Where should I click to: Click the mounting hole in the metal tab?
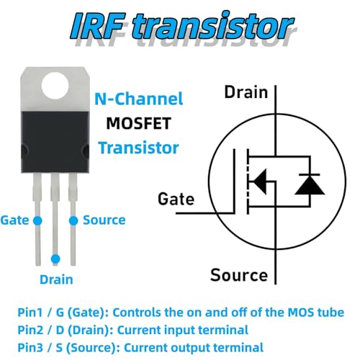tap(55, 86)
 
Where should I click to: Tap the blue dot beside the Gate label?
tap(37, 220)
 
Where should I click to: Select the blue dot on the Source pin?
tap(73, 221)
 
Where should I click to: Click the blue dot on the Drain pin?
tap(55, 259)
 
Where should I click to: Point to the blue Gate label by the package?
tap(14, 220)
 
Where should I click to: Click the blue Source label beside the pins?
tap(104, 220)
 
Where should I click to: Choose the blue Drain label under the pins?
tap(56, 279)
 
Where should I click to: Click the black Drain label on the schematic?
tap(246, 92)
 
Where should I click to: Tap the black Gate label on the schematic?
tap(176, 199)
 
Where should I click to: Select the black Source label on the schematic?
tap(239, 275)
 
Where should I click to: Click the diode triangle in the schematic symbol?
tap(310, 185)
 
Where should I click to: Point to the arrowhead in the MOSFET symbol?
tap(259, 181)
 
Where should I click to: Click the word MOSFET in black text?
tap(139, 123)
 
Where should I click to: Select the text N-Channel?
tap(139, 99)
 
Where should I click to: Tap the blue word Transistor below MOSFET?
tap(138, 148)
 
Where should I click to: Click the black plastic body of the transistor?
tap(55, 142)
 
